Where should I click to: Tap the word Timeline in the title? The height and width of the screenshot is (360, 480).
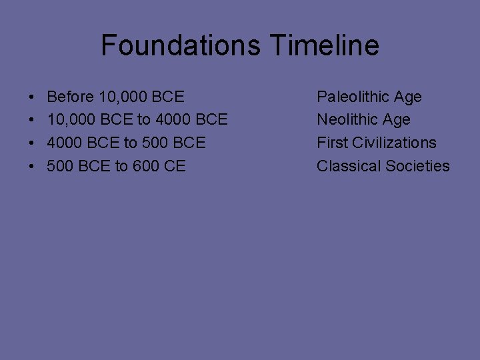[325, 45]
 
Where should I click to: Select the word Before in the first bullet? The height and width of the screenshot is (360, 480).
[71, 97]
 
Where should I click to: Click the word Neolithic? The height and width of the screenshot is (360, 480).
[349, 120]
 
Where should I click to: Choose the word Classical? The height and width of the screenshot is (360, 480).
[348, 166]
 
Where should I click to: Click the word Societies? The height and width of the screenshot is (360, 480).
[419, 166]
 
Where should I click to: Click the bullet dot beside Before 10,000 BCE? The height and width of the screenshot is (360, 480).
[33, 97]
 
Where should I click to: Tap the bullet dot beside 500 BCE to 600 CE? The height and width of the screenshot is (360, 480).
[33, 167]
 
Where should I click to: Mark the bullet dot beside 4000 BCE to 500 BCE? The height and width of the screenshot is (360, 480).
[33, 143]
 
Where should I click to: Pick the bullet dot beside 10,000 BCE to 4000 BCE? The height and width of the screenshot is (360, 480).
[33, 121]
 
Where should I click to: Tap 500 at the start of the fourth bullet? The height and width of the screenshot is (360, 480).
[60, 166]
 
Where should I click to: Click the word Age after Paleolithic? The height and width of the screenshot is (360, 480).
[407, 97]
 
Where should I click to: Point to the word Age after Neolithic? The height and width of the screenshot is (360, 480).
[396, 120]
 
